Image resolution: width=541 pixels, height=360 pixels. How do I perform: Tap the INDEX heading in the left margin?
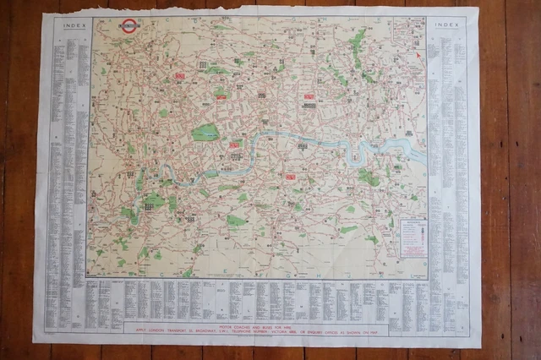70,24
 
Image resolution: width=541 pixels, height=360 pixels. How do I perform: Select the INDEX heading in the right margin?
445,25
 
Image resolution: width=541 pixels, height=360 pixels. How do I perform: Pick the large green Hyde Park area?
205,132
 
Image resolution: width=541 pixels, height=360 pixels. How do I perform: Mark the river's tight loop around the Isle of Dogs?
362,154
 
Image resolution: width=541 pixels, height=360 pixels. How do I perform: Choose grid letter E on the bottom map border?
223,275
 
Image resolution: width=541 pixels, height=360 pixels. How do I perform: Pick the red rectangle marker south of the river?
290,177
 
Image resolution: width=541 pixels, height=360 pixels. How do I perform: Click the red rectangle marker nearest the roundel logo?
179,76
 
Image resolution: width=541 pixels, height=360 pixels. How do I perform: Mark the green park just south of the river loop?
368,177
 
